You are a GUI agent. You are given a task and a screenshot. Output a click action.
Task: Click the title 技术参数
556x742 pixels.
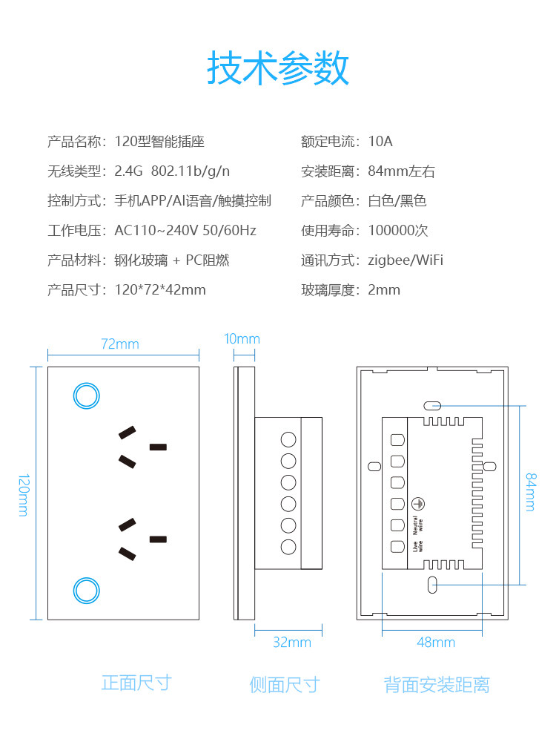point(278,68)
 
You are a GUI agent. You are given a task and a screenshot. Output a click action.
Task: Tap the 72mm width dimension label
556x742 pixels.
point(120,344)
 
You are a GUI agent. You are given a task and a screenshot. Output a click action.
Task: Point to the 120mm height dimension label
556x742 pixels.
point(23,494)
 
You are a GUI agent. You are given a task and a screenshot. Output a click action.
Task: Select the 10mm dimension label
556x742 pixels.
point(242,339)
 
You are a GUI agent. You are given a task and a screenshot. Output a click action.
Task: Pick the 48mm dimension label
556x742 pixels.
point(435,642)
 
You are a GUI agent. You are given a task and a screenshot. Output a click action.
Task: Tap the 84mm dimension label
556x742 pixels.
point(531,491)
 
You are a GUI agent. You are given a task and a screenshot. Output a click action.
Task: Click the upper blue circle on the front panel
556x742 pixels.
point(86,395)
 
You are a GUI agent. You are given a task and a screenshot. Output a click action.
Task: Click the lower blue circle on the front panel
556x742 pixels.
point(86,591)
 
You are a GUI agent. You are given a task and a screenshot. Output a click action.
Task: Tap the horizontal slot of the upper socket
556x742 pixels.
point(158,447)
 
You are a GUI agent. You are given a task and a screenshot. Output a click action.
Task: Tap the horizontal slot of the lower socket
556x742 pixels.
point(158,539)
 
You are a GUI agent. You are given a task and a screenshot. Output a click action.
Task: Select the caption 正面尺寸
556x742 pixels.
point(136,683)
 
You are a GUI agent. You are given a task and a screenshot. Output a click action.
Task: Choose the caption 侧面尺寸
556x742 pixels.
point(285,684)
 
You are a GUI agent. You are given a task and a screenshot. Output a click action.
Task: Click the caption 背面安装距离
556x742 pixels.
point(437,684)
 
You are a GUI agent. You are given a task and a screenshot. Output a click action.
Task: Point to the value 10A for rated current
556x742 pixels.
point(380,141)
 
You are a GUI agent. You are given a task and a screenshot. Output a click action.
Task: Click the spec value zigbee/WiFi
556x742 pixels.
point(406,260)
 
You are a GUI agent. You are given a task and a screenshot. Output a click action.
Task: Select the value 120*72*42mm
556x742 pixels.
point(160,289)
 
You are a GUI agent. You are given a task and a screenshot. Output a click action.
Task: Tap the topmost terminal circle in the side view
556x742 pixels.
point(288,438)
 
